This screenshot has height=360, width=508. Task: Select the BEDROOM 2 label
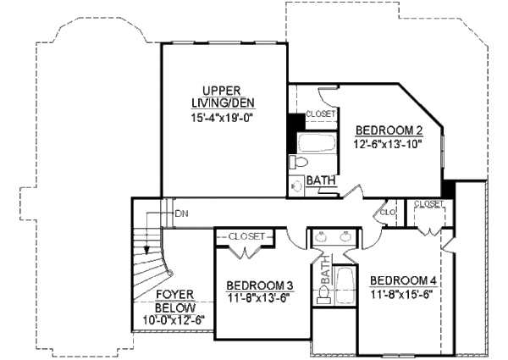389,130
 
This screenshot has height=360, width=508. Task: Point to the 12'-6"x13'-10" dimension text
388,144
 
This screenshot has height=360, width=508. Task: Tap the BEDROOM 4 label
404,280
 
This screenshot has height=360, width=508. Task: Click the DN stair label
180,213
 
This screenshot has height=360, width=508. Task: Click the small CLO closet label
390,212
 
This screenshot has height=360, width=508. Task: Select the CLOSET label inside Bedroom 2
321,114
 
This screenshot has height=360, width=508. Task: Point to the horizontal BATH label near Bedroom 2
320,180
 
